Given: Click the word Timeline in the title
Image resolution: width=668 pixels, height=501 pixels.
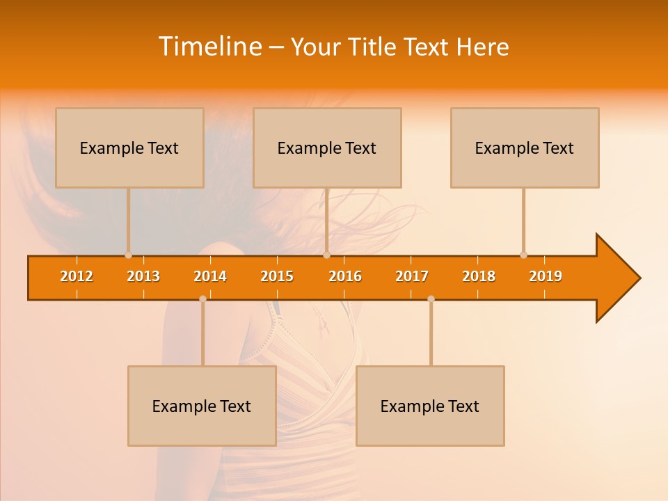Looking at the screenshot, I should point(209,47).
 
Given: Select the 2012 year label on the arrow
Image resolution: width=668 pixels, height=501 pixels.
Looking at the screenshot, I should point(77,276).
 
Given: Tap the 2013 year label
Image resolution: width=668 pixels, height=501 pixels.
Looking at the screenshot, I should point(143,276).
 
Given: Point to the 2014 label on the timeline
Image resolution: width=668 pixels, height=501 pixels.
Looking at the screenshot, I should point(210,276).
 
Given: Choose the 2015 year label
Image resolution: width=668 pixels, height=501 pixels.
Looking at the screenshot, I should point(277,276).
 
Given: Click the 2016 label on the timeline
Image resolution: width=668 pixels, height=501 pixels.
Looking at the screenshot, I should point(345,276).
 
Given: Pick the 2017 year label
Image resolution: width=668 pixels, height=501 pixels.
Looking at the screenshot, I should point(412,276).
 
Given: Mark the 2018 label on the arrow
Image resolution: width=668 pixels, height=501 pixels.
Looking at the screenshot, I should point(479,276).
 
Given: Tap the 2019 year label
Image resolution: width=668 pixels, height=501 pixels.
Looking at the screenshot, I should point(546,276).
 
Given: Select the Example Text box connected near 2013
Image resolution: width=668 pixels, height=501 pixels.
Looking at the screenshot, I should point(129,148).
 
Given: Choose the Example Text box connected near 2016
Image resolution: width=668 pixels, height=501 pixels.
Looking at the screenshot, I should point(327,148).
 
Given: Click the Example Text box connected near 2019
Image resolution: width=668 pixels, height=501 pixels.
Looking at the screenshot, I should point(525,148).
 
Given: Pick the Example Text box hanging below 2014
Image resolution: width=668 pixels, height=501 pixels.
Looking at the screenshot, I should point(202,406).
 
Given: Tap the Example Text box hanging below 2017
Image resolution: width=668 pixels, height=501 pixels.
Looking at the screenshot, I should point(430,406).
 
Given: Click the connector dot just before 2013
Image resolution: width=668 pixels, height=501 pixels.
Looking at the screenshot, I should point(128,255).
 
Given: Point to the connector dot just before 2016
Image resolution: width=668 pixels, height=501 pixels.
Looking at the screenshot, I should point(326,255).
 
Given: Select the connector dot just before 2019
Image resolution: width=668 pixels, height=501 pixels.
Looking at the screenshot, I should point(523,255).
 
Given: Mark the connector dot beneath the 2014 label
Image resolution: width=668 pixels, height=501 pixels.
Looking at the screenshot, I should point(202,299).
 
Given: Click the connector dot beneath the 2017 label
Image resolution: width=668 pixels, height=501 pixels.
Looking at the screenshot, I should point(431,299).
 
